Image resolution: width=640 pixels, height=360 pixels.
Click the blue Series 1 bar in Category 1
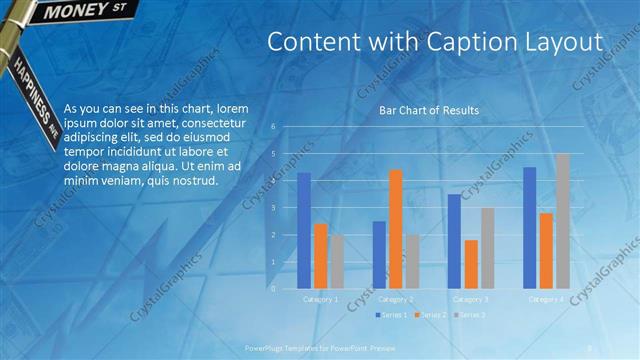coord(304,231)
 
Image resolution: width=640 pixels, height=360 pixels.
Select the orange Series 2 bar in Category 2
coord(395,229)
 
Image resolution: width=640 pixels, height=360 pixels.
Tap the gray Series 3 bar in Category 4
coord(562,221)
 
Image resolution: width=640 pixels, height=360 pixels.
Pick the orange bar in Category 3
coord(471,264)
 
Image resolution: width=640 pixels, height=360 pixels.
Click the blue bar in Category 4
coord(529,228)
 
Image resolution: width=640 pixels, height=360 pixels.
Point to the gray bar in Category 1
coord(337,262)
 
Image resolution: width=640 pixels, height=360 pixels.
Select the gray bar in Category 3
coord(487,248)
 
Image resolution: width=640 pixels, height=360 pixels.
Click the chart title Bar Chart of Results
coord(428,110)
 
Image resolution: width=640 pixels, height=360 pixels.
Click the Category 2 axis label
coord(396,299)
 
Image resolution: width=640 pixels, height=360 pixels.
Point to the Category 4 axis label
coord(546,299)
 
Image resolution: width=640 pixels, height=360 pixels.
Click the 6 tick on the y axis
coord(273,127)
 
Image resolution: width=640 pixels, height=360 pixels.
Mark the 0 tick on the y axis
coord(273,289)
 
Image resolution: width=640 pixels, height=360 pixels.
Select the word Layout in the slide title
coord(568,42)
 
